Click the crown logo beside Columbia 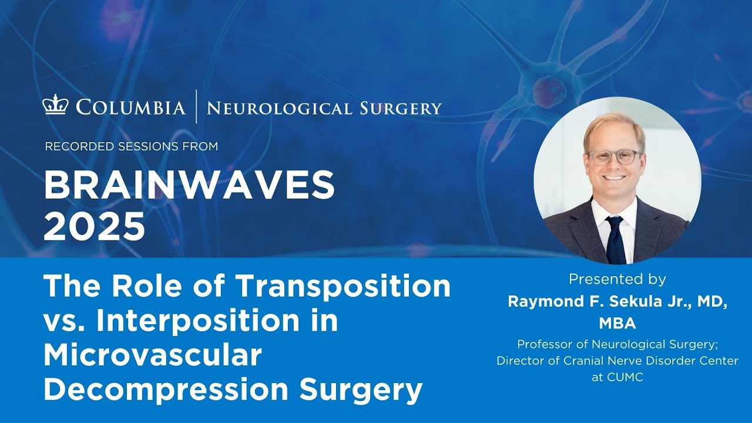(56, 106)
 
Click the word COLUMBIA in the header (130, 108)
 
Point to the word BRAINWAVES (189, 186)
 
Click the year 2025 (95, 227)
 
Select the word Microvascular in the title (152, 356)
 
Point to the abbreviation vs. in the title (63, 321)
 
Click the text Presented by (617, 279)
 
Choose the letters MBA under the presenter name (617, 324)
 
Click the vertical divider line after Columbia (197, 107)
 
